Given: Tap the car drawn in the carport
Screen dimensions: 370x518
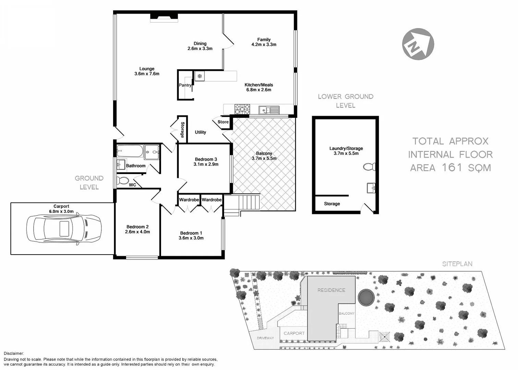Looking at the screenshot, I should point(64,229).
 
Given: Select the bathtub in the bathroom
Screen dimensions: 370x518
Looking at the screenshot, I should point(130,151).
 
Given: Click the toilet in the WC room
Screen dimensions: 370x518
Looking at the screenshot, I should point(123,181).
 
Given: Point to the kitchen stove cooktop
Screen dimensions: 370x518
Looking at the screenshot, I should point(242,109).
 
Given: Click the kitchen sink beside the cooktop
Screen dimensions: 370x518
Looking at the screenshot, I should point(269,110).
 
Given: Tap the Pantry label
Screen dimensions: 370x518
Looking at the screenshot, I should point(185,85).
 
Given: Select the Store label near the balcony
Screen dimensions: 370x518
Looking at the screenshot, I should point(223,122).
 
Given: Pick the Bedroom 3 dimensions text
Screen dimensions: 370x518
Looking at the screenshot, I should point(206,164).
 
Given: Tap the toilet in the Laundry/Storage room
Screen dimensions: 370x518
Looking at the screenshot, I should point(369,167).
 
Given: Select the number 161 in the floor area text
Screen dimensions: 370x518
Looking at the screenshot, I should point(452,168).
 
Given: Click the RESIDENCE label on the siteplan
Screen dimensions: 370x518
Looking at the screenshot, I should point(331,290).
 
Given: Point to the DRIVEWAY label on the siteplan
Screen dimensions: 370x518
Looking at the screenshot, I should point(265,338).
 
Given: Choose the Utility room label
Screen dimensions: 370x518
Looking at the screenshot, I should point(200,132).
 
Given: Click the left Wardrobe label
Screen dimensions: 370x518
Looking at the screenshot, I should point(189,200).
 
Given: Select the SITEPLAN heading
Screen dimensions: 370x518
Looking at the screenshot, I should point(457,264).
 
